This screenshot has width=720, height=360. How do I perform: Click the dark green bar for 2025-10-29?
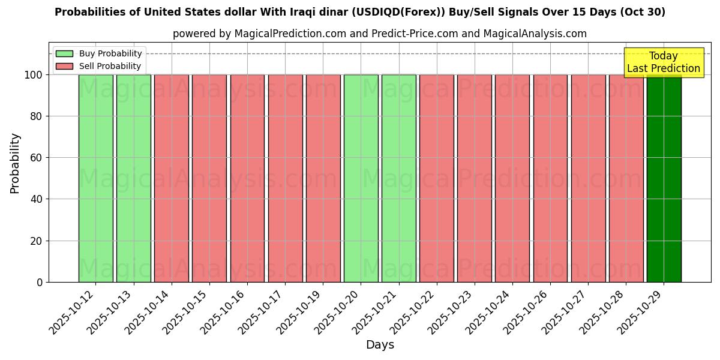click(664, 178)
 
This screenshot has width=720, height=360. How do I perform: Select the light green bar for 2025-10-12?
click(95, 178)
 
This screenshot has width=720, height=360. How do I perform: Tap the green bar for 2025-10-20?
click(361, 178)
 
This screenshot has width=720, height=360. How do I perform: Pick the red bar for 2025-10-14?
click(171, 178)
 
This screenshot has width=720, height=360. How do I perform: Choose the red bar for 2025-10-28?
click(626, 178)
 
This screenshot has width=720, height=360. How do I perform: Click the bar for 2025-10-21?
click(398, 178)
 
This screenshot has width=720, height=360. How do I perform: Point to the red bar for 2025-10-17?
click(285, 178)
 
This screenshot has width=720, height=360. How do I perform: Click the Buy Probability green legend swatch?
click(64, 53)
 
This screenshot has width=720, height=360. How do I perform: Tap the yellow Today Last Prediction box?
click(663, 62)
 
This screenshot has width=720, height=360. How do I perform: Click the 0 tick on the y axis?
click(40, 282)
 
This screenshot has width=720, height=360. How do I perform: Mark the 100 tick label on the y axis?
click(33, 75)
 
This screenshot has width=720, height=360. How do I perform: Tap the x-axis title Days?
click(380, 345)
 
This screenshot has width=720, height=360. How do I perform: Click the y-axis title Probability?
click(15, 163)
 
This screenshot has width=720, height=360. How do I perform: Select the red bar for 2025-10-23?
click(474, 178)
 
